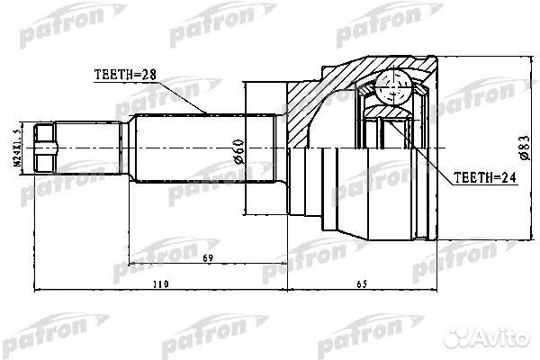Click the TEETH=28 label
tap(124, 73)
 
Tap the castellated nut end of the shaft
tap(47, 147)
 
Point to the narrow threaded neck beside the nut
tap(90, 147)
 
